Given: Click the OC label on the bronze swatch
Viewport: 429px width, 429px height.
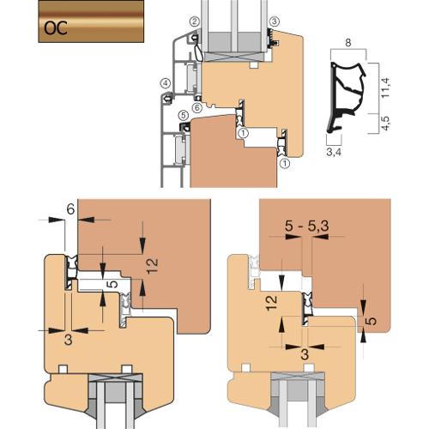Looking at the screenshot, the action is (x=56, y=28).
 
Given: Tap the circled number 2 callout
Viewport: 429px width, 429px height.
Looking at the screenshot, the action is (x=195, y=21).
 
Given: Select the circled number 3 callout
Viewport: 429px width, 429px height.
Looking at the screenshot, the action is (x=275, y=21).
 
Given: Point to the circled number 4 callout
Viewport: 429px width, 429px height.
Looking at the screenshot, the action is (x=165, y=83).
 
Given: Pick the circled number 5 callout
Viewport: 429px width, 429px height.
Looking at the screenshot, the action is (x=184, y=116).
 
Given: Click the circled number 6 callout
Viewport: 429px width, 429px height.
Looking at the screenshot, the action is (x=197, y=107).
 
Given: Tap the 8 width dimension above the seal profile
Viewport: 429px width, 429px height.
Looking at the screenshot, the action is (x=348, y=43).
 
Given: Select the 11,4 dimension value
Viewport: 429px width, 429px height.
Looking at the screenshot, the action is (x=386, y=88).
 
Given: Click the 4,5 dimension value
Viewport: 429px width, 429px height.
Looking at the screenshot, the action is (x=386, y=124).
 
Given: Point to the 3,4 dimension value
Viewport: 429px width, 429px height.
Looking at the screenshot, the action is (x=334, y=152).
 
